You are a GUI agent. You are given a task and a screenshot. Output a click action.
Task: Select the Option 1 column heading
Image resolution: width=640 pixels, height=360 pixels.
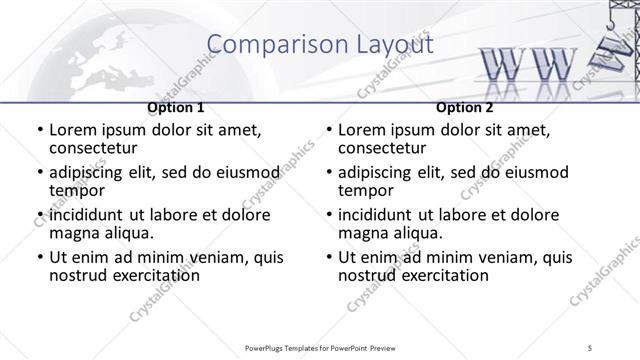point(176,107)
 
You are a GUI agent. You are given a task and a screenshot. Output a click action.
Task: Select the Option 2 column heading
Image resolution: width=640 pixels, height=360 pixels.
point(465,107)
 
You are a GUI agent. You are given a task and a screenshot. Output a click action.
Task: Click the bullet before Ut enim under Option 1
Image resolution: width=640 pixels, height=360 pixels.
point(39,258)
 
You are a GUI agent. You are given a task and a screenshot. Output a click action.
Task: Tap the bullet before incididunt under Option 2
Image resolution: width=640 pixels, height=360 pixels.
point(328,215)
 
